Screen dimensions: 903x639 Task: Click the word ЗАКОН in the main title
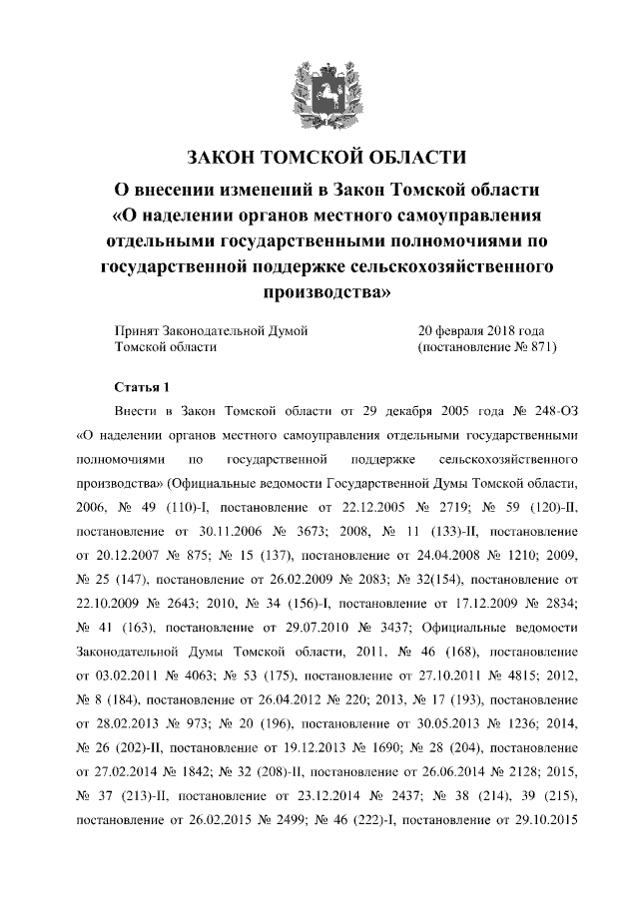(x=223, y=159)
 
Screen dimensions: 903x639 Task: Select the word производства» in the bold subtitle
(x=319, y=293)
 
